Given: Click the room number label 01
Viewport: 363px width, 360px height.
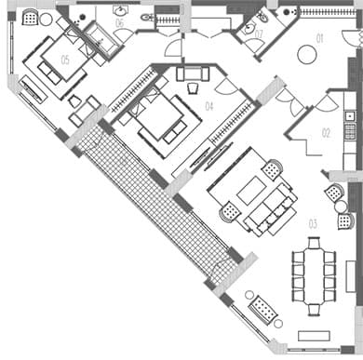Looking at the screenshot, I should pyautogui.click(x=319, y=39).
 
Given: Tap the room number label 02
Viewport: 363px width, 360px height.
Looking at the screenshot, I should pyautogui.click(x=326, y=133).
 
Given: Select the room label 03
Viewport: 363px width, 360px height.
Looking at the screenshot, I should pyautogui.click(x=313, y=223).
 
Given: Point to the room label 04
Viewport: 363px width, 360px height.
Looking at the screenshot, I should pyautogui.click(x=209, y=107).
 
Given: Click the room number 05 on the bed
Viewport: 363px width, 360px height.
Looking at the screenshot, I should pyautogui.click(x=65, y=59).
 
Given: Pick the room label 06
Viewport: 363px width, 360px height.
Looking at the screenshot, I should pyautogui.click(x=119, y=22).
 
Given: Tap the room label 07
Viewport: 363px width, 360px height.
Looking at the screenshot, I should pyautogui.click(x=260, y=33).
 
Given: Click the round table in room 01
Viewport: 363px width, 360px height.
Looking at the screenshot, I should pyautogui.click(x=306, y=55).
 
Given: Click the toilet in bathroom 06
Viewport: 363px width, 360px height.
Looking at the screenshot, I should pyautogui.click(x=147, y=18).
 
